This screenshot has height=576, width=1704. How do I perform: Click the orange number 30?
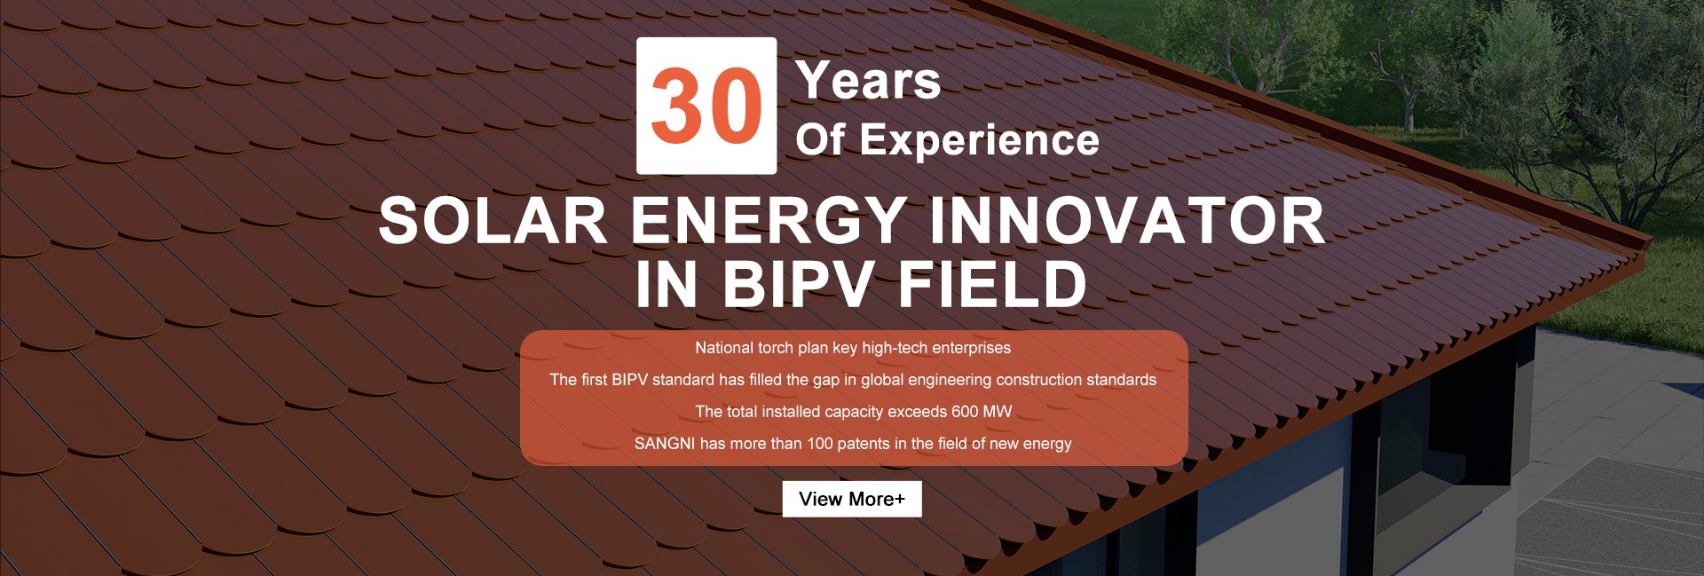tap(706, 107)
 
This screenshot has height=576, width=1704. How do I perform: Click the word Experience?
tap(980, 140)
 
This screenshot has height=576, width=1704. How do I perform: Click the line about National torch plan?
tap(853, 348)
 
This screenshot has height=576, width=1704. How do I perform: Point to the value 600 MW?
tap(982, 412)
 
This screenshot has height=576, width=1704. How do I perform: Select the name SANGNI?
tap(665, 444)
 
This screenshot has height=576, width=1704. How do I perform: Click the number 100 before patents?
tap(820, 444)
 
